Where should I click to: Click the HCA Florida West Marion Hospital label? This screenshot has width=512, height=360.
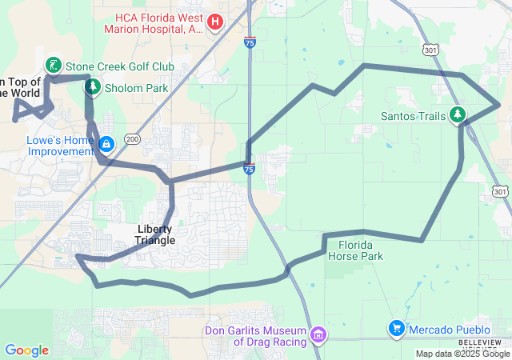[x=154, y=22]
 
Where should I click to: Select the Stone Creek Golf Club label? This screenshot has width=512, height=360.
[x=110, y=66]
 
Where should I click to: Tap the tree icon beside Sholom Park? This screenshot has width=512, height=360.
[x=93, y=86]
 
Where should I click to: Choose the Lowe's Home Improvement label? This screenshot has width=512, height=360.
[x=50, y=145]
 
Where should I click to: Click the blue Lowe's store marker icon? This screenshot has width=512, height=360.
[x=106, y=144]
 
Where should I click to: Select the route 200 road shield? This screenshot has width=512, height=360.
[x=132, y=139]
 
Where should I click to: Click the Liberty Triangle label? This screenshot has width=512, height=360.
[x=155, y=234]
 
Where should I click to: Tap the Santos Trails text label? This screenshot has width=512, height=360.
[x=413, y=116]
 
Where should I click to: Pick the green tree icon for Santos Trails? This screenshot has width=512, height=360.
[x=458, y=115]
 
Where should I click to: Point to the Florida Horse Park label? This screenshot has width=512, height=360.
[x=360, y=250]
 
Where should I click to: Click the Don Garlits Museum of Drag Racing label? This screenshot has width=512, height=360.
[x=256, y=336]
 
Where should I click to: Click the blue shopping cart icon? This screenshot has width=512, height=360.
[x=396, y=328]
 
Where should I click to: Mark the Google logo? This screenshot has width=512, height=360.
[x=26, y=350]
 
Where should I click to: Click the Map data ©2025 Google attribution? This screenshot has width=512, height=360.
[x=462, y=354]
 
